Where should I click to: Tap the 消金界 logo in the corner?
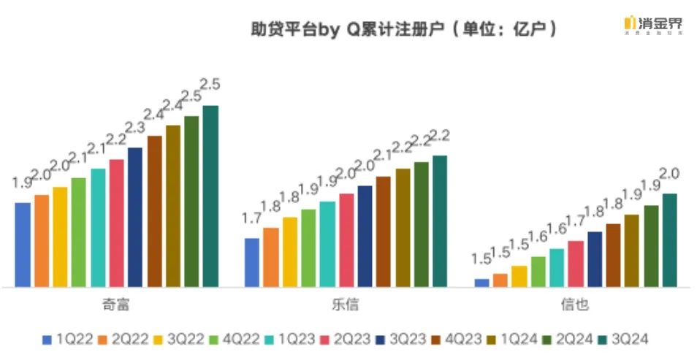tap(654, 25)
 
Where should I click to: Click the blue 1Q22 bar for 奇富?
tap(23, 244)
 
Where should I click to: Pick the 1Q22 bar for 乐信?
tap(252, 262)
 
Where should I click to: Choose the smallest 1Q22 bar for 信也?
tap(481, 283)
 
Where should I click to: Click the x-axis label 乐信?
tap(346, 305)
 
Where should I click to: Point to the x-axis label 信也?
tap(576, 305)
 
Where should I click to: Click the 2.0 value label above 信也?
tap(670, 174)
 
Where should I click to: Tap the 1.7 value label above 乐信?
tap(252, 218)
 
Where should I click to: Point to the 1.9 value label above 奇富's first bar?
tap(22, 183)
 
